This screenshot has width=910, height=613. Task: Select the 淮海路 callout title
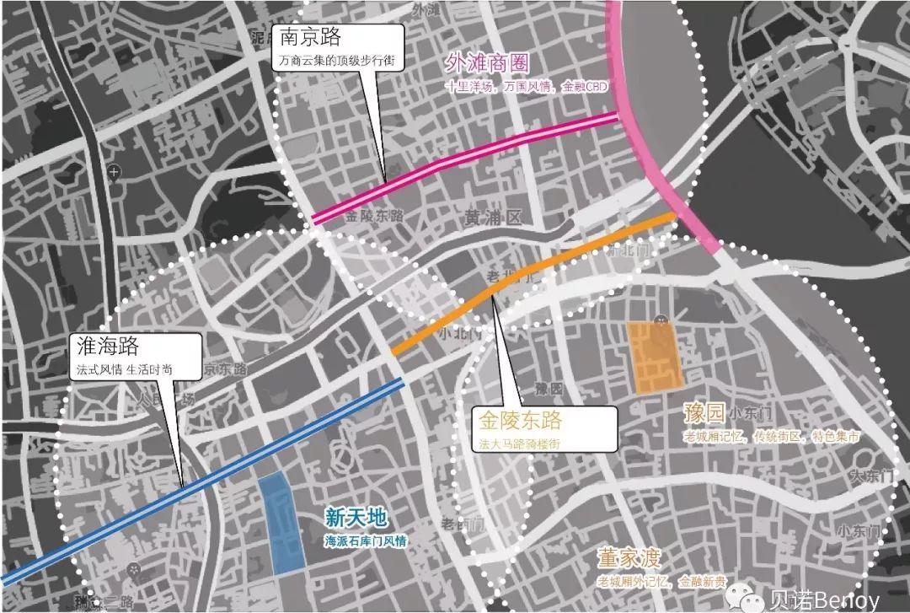coord(106,347)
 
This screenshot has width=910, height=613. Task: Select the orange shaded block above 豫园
coord(653,358)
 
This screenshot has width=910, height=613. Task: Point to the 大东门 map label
coord(870,476)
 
